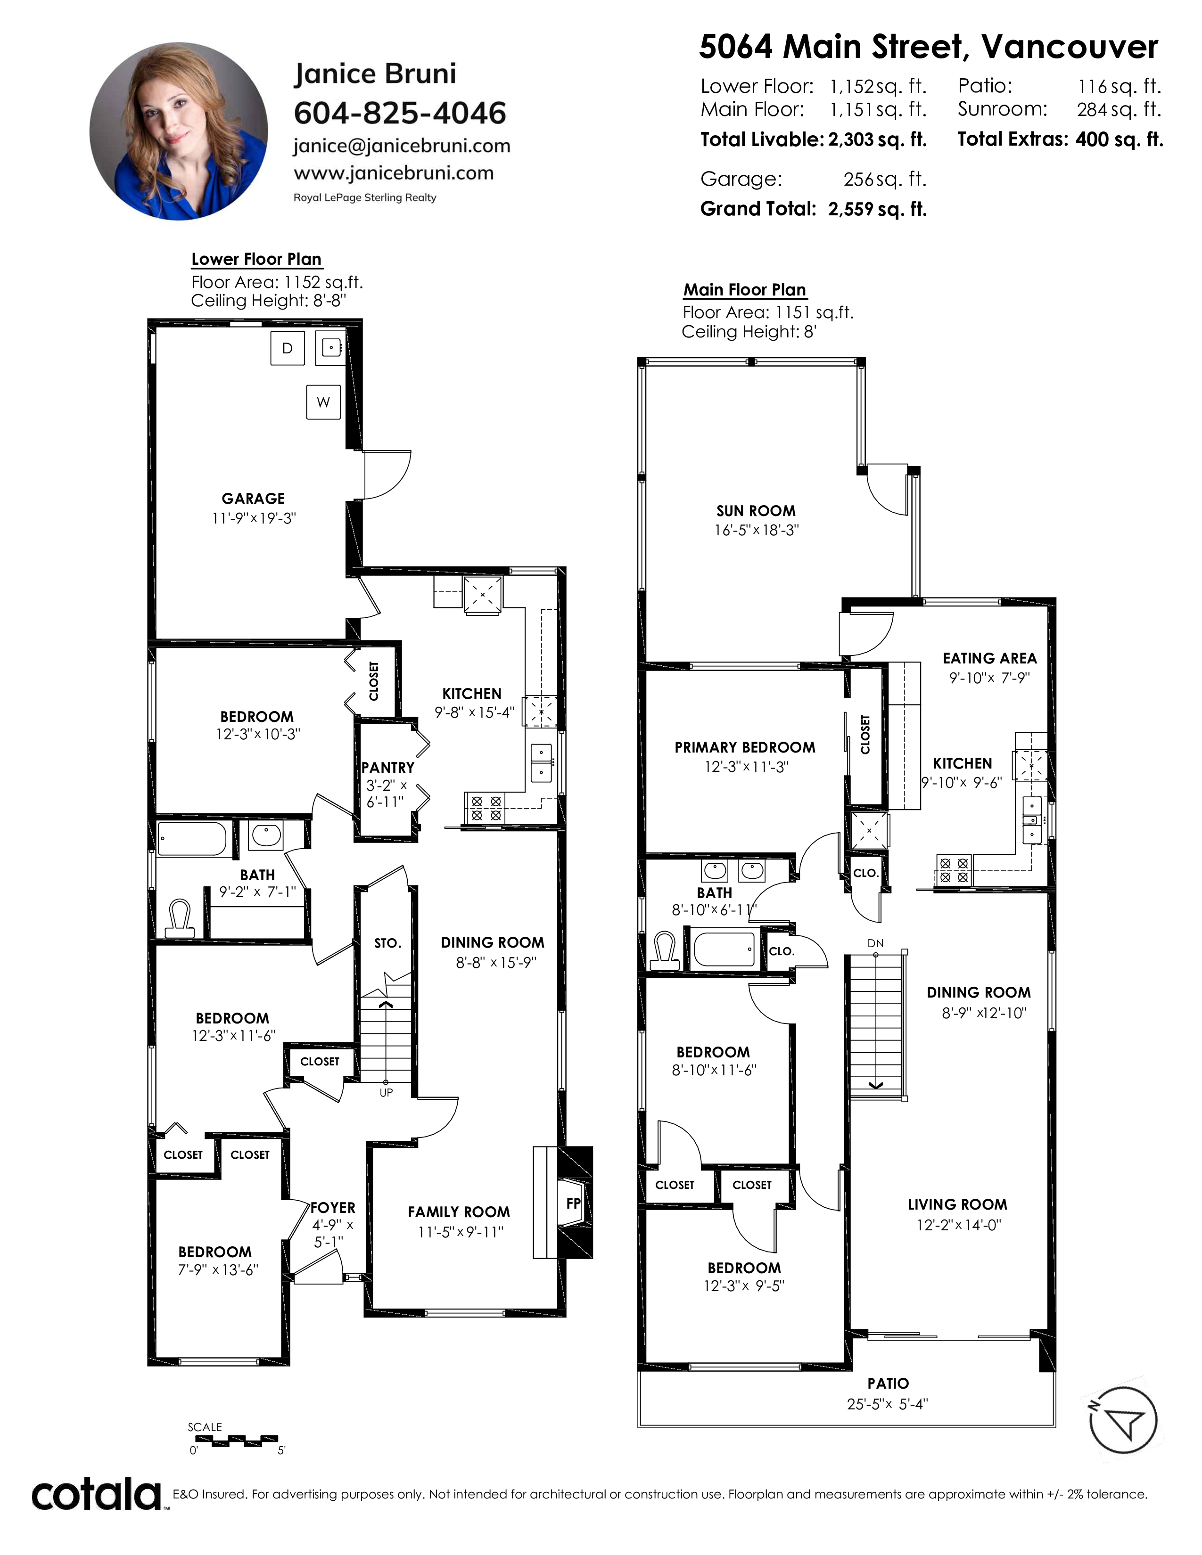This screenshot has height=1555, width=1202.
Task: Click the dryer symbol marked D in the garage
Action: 288,348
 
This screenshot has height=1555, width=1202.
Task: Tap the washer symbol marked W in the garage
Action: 323,402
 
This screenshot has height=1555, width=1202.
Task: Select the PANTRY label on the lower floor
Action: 387,768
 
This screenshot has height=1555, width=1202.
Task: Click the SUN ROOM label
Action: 756,510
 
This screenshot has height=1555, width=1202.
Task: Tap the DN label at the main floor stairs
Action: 875,943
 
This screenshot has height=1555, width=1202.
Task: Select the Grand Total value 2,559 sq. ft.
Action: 877,209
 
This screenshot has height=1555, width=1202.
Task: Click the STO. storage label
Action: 387,943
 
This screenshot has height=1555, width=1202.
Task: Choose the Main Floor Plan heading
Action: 745,290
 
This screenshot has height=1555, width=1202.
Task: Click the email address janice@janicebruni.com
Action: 402,146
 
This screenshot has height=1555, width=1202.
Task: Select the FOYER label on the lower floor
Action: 332,1208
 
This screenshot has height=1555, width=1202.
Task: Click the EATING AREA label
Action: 990,659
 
